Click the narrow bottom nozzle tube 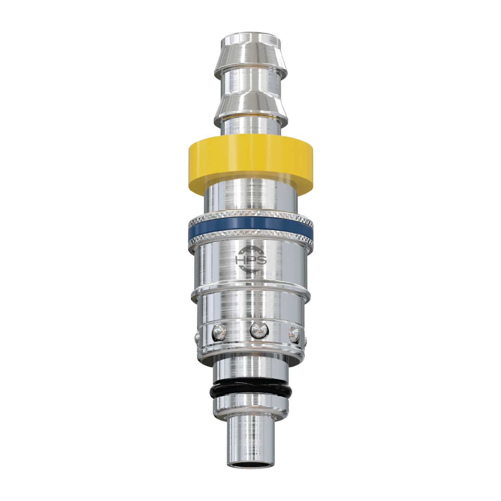248,441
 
